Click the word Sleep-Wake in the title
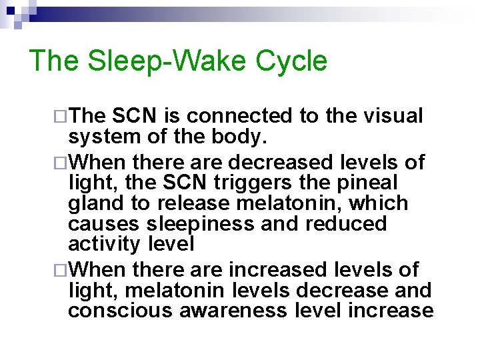171,61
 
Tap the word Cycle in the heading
291,61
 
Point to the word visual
393,116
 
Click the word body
244,137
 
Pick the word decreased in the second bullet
281,162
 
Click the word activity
104,244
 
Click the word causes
100,223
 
